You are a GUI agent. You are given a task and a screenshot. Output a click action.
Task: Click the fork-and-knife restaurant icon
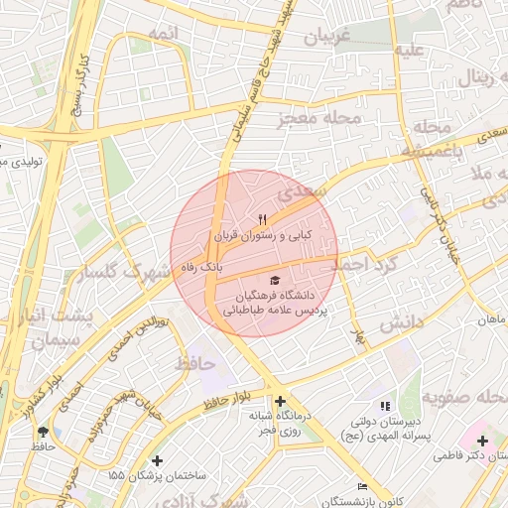262,218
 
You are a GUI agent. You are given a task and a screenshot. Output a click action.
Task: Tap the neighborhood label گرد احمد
363,266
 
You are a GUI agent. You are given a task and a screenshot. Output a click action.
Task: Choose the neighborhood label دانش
401,321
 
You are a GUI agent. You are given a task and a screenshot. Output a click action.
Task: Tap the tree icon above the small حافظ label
43,431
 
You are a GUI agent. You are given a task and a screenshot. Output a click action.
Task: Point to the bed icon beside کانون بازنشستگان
363,487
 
